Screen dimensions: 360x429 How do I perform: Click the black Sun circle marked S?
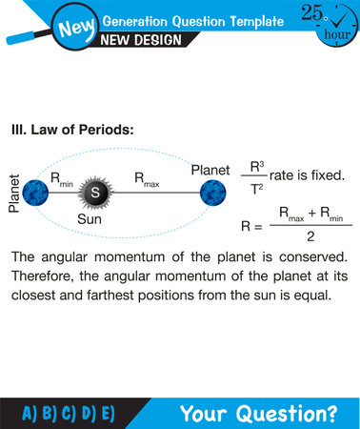95,193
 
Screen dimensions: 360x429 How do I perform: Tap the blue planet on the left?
35,193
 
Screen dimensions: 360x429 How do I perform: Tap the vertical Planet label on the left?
13,194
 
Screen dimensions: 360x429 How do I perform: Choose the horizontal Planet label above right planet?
211,170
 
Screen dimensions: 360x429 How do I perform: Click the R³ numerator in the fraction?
256,167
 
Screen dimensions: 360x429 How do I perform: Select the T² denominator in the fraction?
256,189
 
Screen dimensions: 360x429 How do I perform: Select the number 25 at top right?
310,12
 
